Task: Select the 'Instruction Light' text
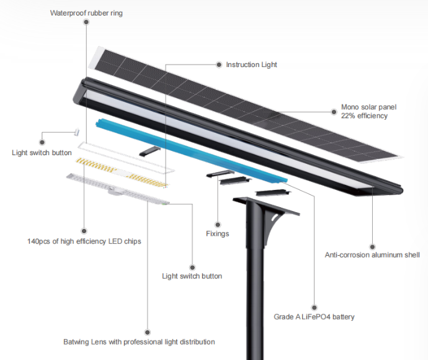pos(251,65)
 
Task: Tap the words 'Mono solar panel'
pos(368,107)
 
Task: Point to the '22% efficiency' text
pos(364,115)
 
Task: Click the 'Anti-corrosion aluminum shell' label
pos(372,254)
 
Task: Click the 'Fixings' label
pos(218,233)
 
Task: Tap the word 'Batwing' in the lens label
pos(77,341)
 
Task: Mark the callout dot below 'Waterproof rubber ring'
pos(86,22)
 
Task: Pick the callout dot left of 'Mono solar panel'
pos(334,110)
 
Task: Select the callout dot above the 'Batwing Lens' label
pos(148,331)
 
